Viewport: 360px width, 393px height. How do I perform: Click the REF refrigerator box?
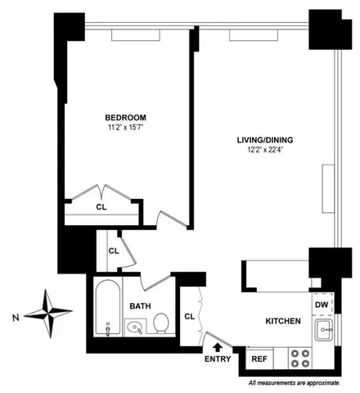click(259, 359)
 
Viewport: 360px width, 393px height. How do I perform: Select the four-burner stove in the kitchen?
click(300, 357)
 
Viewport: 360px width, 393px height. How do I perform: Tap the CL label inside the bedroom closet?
click(101, 207)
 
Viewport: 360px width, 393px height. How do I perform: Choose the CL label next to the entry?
click(188, 316)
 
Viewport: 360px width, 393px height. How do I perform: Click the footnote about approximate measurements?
click(295, 382)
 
